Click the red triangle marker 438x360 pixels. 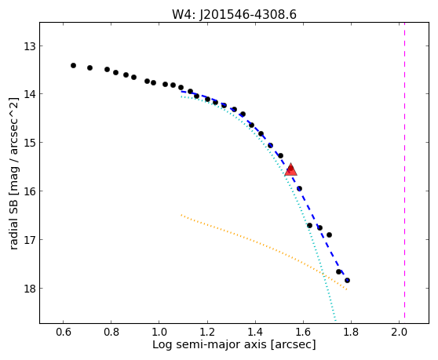pyautogui.click(x=290, y=169)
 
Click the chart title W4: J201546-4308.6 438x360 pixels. pyautogui.click(x=234, y=15)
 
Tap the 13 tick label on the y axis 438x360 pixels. pyautogui.click(x=30, y=46)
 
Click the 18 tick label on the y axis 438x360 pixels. pyautogui.click(x=30, y=289)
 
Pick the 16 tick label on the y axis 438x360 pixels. pyautogui.click(x=30, y=191)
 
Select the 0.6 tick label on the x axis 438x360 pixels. pyautogui.click(x=63, y=332)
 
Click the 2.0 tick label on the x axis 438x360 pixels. pyautogui.click(x=399, y=332)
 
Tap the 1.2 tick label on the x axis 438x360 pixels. pyautogui.click(x=207, y=332)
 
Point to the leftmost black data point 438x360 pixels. pyautogui.click(x=74, y=66)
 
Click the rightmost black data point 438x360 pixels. pyautogui.click(x=347, y=280)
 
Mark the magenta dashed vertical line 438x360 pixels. pyautogui.click(x=404, y=170)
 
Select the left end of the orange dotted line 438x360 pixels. pyautogui.click(x=181, y=215)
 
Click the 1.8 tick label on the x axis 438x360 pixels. pyautogui.click(x=351, y=332)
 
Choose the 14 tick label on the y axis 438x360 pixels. pyautogui.click(x=30, y=94)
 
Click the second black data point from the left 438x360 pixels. pyautogui.click(x=89, y=67)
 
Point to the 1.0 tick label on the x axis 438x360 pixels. pyautogui.click(x=159, y=332)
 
